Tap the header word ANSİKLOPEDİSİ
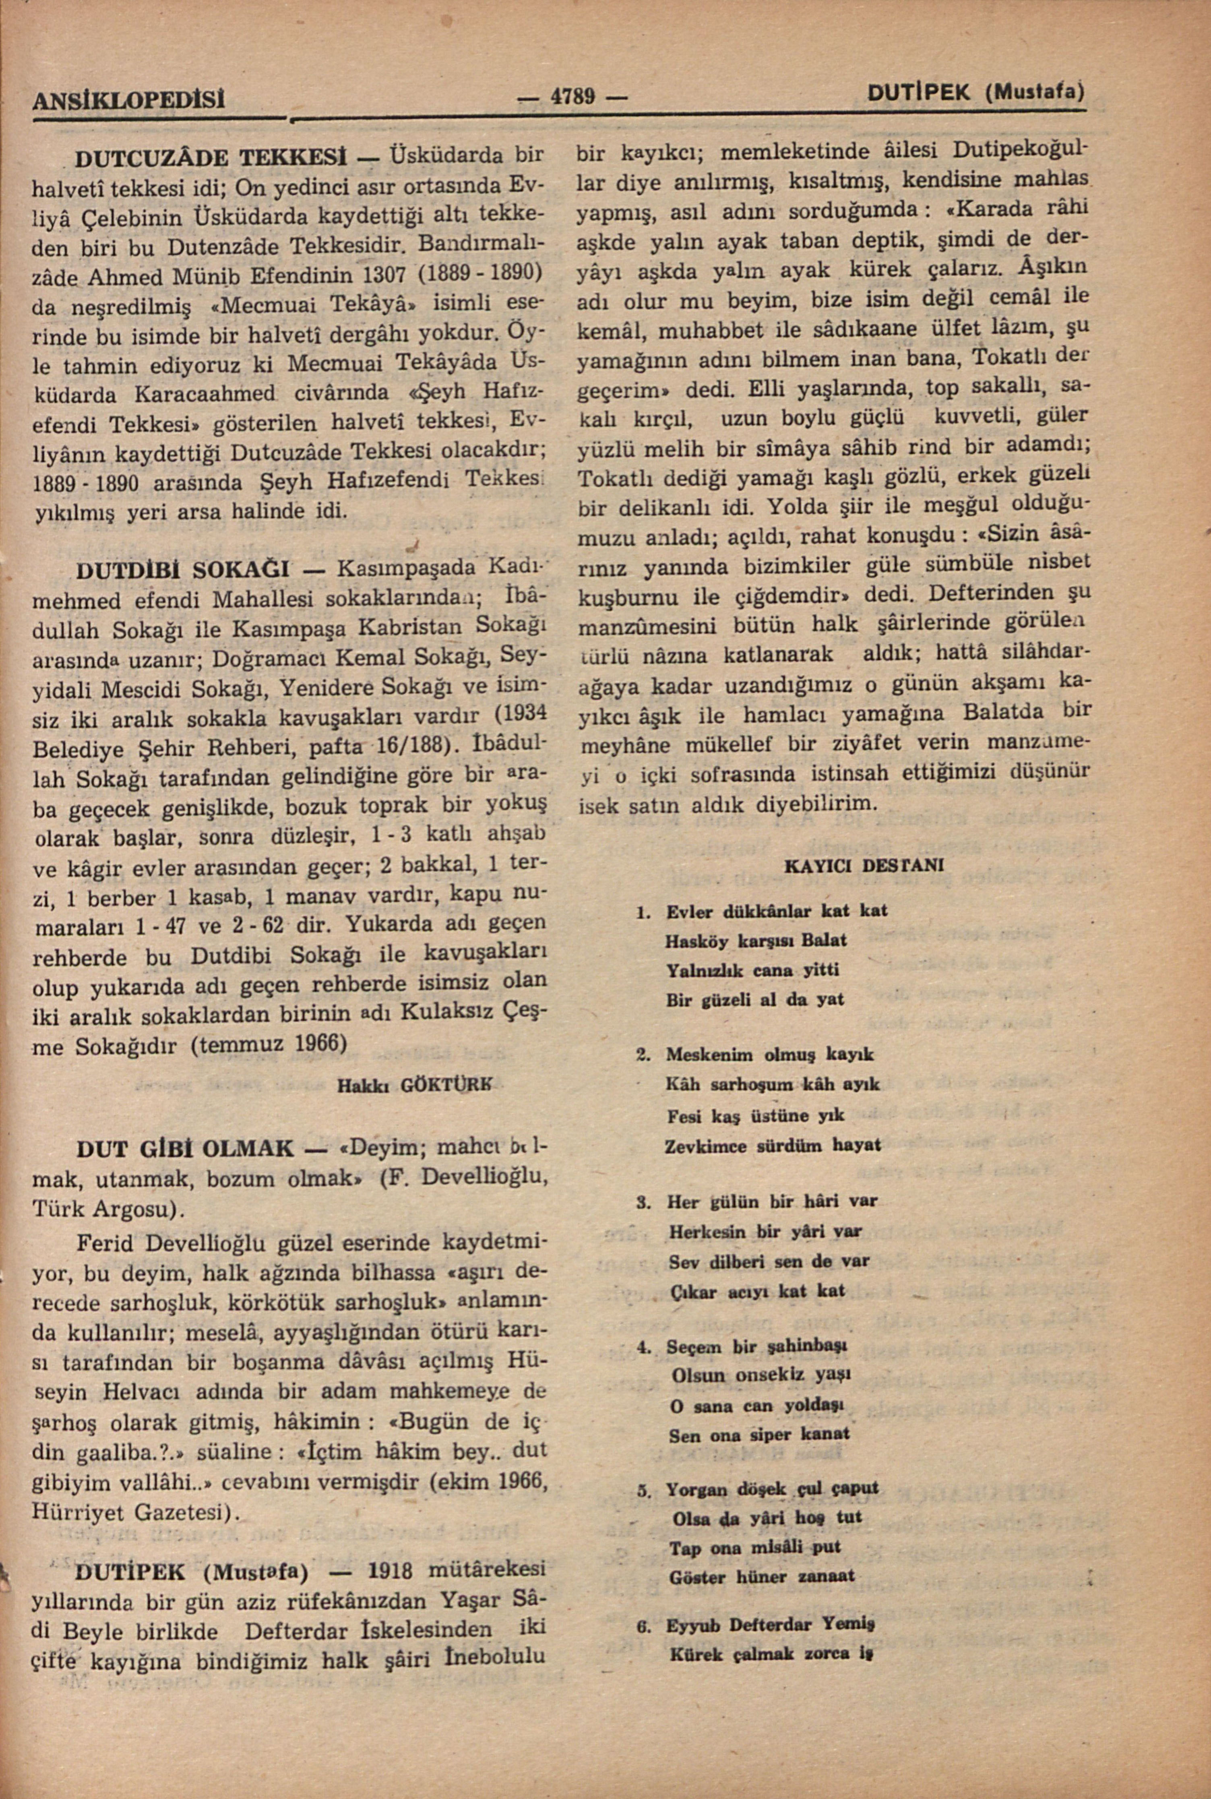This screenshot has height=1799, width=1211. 128,99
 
